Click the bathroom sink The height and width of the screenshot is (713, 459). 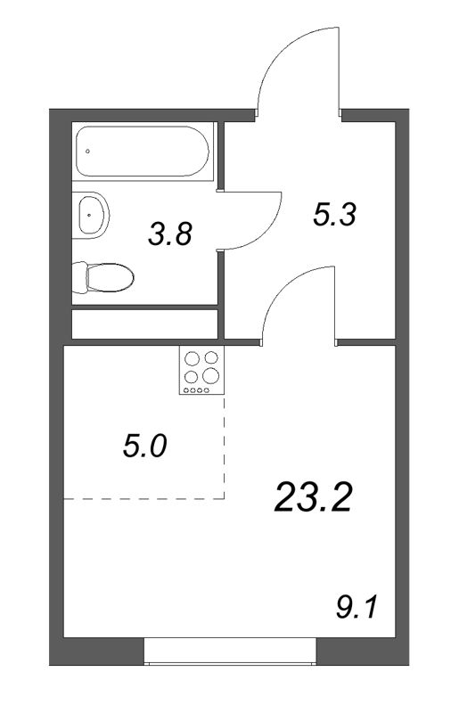click(x=92, y=213)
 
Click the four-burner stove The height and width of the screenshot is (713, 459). click(x=201, y=371)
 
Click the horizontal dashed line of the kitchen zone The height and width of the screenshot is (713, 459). click(x=143, y=499)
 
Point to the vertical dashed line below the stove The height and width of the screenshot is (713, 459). click(x=224, y=446)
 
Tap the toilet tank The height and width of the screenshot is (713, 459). click(x=81, y=277)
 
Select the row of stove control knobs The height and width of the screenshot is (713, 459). click(x=201, y=389)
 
